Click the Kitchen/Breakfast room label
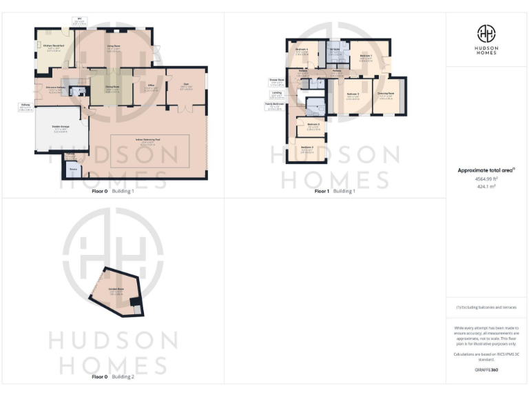click(53, 46)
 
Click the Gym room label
click(185, 86)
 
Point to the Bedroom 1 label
click(365, 57)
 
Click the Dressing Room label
click(386, 94)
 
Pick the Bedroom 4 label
click(302, 50)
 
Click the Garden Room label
click(116, 290)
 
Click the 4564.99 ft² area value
click(487, 179)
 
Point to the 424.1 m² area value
click(487, 187)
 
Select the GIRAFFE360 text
click(487, 370)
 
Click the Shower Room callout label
click(278, 82)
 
